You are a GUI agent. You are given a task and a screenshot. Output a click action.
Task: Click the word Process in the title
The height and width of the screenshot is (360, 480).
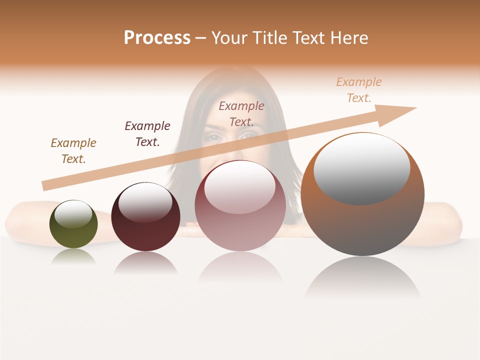(157, 38)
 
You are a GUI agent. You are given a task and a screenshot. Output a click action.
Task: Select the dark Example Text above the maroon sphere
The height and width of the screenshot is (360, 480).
(147, 134)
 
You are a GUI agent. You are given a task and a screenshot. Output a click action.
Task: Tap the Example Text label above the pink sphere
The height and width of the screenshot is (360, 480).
(241, 114)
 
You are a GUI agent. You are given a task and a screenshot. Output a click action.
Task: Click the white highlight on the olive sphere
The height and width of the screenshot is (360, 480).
(73, 213)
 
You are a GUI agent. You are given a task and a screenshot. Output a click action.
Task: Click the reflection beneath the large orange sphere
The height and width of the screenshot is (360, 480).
(362, 277)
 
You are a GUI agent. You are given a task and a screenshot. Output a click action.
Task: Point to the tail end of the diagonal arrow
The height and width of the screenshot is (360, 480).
(44, 186)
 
